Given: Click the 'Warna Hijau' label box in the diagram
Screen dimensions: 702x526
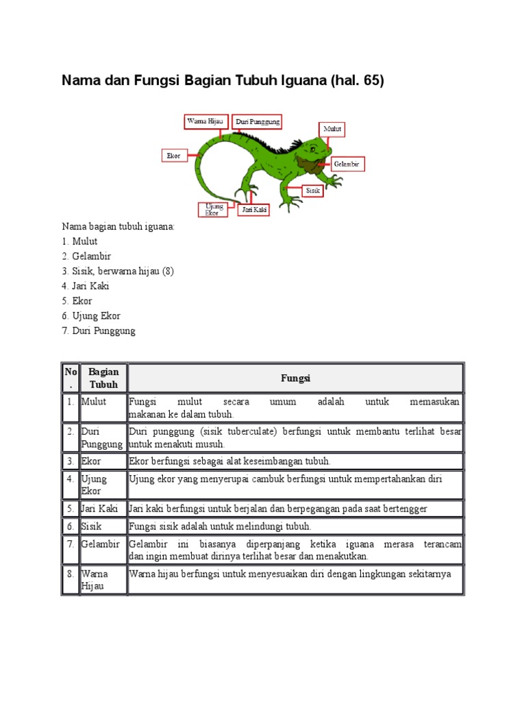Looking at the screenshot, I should point(205,121).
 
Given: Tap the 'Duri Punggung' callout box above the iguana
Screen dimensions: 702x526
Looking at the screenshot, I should point(257,121).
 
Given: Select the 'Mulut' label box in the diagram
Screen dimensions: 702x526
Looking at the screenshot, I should point(332,129).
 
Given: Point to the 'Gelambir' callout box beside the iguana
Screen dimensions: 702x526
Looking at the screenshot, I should point(347,164).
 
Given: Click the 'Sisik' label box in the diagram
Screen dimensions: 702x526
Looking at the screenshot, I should point(313,190).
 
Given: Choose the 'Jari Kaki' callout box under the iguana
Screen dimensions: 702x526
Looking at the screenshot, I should point(253,209).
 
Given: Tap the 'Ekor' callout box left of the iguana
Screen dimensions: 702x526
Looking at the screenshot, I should point(174,156).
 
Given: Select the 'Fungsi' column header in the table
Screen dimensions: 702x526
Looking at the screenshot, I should point(295,378).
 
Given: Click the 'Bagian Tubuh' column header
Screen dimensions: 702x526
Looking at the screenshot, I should point(103,378).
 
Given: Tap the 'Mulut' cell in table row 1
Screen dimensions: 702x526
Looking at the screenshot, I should point(94,402).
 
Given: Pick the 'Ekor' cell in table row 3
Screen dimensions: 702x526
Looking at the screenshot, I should point(92,461).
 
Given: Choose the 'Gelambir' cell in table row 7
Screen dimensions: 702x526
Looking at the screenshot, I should point(100,544).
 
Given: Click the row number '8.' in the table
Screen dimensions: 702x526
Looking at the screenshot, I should point(71,573).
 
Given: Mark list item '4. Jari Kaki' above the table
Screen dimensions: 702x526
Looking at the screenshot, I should point(86,286).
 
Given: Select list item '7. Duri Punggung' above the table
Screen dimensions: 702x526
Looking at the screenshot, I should point(99,330).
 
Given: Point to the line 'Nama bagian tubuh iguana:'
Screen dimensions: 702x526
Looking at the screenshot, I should point(118,226).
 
